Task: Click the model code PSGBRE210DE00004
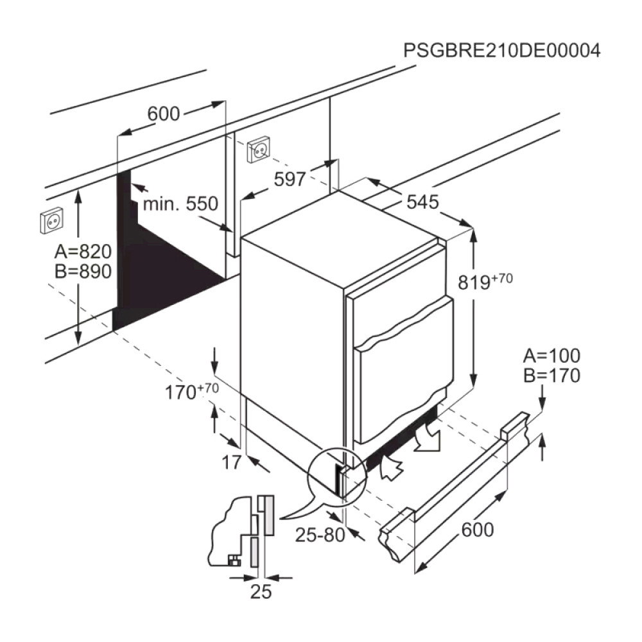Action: (502, 51)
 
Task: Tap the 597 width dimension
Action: (290, 179)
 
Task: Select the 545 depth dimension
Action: (422, 202)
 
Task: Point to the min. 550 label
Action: (180, 204)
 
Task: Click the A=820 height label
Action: (83, 252)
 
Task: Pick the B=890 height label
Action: (83, 271)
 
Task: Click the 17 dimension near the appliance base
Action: (231, 463)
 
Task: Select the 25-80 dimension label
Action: (320, 535)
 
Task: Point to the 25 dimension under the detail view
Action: (261, 592)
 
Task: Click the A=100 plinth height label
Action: (551, 356)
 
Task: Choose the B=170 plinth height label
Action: (551, 376)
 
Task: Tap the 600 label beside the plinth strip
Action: (478, 530)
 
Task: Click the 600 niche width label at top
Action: (163, 114)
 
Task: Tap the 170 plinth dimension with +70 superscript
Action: (191, 392)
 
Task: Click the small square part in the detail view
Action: (234, 560)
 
